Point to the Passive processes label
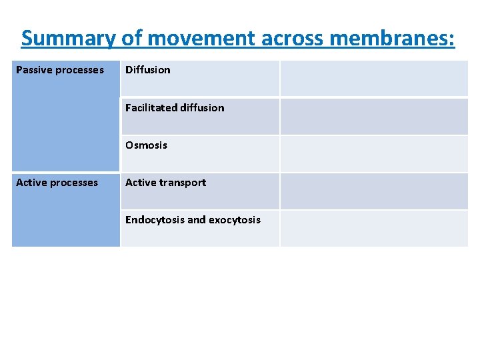click(x=60, y=70)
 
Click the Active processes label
click(x=57, y=183)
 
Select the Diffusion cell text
click(x=147, y=70)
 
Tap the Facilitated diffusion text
click(x=175, y=107)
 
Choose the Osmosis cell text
click(x=146, y=145)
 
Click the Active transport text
click(x=165, y=183)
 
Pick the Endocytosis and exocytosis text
click(x=193, y=220)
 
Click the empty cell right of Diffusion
click(x=373, y=79)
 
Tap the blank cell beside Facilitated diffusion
click(x=373, y=116)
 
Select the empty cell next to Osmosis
click(x=373, y=154)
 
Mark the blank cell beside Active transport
click(x=373, y=191)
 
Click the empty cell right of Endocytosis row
click(x=373, y=229)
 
